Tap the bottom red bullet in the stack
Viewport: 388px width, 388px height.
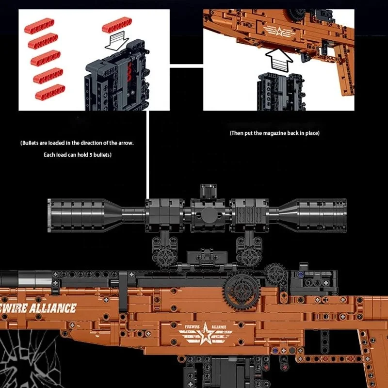50,90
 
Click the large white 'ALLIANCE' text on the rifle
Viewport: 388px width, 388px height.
53,307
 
